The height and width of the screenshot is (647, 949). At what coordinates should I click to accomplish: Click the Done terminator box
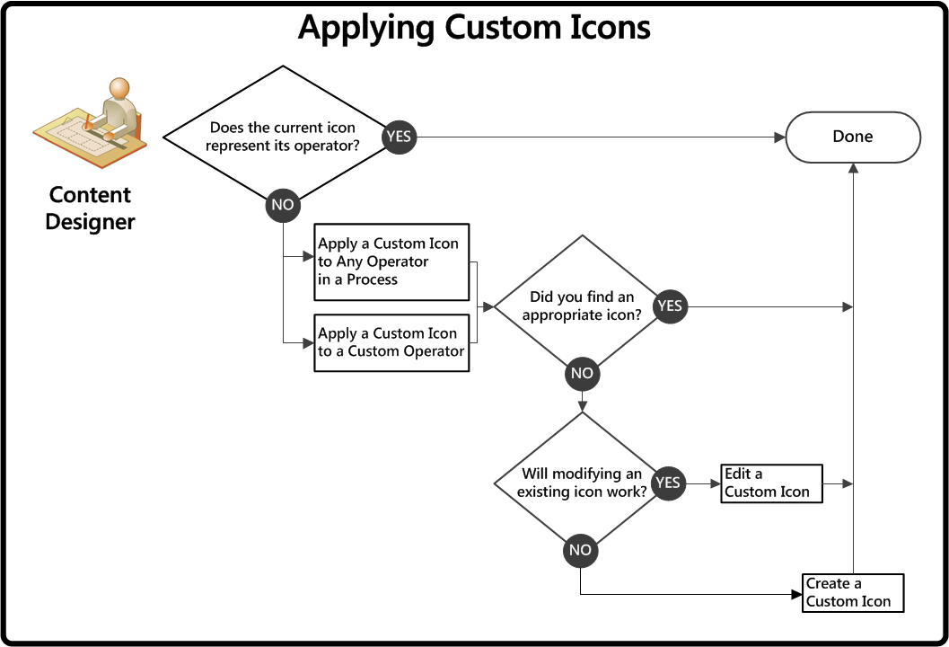coord(853,137)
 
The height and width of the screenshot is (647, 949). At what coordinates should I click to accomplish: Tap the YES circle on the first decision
coord(399,137)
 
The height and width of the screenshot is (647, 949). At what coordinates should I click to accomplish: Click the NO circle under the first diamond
coord(283,205)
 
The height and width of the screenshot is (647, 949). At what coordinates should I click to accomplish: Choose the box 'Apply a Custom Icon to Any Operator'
coord(392,261)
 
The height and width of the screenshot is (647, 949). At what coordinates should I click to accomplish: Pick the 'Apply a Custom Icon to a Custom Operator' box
coord(391,342)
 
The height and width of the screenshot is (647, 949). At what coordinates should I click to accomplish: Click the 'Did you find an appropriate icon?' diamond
coord(582,306)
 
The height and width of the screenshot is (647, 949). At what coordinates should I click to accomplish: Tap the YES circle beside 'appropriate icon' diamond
coord(669,306)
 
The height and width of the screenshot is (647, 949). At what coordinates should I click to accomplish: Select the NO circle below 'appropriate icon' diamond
coord(582,373)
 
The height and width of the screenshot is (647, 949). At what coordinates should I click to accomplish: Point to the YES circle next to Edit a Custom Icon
coord(668,483)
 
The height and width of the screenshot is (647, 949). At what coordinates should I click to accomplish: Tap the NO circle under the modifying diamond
coord(581,550)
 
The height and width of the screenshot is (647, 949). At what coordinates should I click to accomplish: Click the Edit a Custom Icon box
coord(771,483)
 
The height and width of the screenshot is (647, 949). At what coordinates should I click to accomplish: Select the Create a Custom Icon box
coord(852,593)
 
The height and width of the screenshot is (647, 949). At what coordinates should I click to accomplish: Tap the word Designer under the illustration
coord(90,222)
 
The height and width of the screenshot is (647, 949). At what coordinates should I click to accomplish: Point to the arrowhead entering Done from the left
coord(780,137)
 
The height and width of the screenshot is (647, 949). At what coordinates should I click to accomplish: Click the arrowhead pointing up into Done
coord(852,168)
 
